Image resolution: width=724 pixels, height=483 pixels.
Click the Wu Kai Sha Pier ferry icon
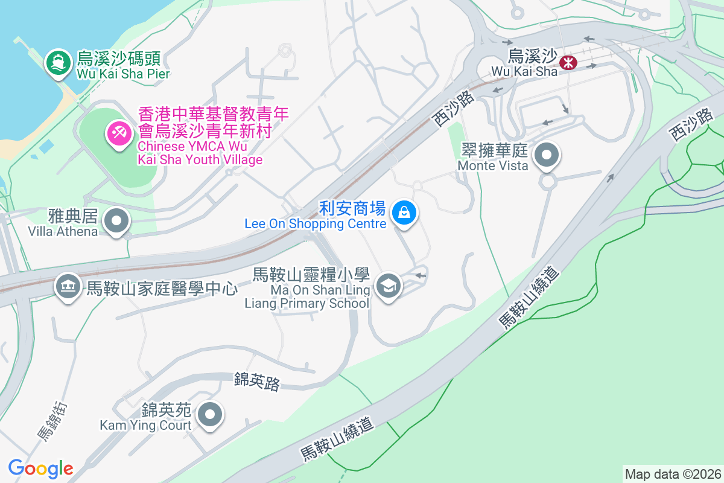tap(58, 63)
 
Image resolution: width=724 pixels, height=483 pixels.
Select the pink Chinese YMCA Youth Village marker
tap(118, 132)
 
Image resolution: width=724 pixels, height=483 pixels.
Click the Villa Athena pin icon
tap(116, 221)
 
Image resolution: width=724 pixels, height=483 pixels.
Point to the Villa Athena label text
tap(63, 223)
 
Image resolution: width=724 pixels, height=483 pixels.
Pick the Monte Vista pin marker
tap(547, 155)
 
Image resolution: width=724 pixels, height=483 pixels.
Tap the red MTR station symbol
tap(567, 62)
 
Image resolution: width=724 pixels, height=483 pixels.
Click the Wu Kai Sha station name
tap(524, 64)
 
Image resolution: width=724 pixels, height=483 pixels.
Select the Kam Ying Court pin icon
tap(211, 415)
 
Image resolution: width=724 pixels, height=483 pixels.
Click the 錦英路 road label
tap(257, 381)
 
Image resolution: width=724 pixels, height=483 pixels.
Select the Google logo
tap(40, 469)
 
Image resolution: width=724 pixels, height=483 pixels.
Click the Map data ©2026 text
tap(673, 474)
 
